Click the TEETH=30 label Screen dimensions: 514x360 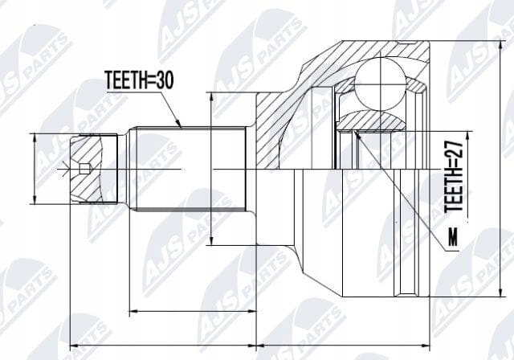point(139,80)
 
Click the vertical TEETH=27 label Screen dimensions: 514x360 point(453,177)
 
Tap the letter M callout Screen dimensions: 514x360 point(453,238)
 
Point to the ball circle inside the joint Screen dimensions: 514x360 point(380,84)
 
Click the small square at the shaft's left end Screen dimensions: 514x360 point(84,168)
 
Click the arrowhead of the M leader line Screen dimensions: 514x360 point(357,134)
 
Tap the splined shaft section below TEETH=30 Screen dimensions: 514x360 point(191,170)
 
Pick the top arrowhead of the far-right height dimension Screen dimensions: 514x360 point(500,47)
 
